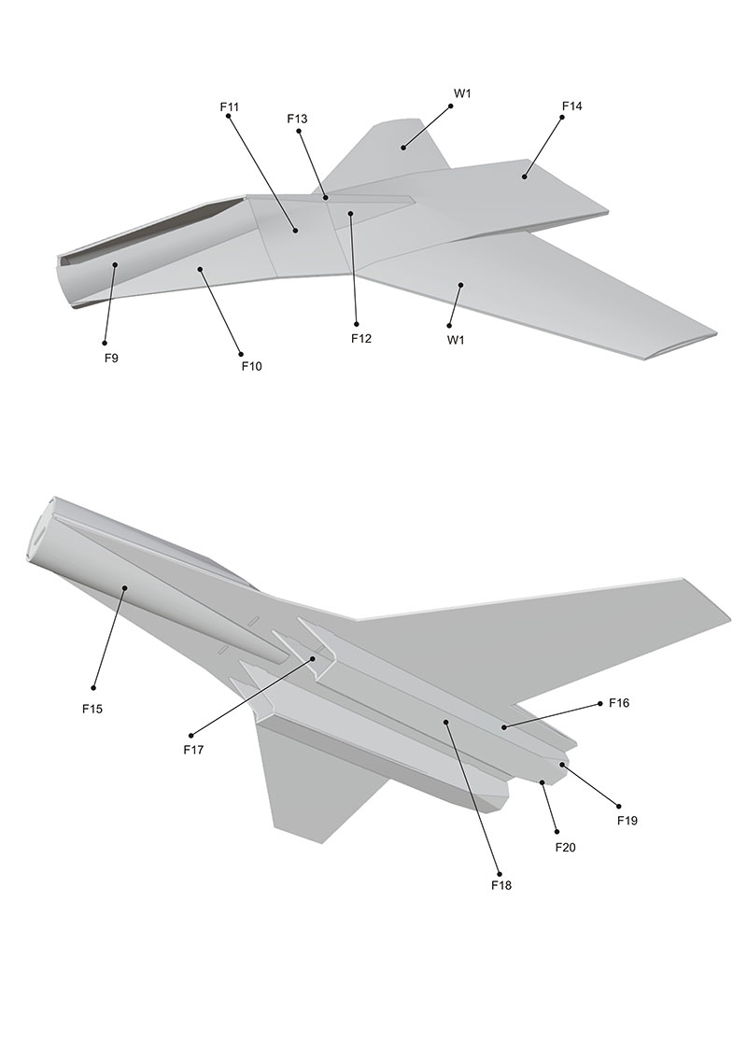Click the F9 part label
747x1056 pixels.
tap(111, 359)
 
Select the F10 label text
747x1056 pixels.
tap(251, 366)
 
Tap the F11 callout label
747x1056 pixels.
tap(229, 106)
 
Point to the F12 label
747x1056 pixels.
tap(361, 338)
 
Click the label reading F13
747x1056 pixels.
tap(297, 119)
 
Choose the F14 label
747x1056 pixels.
tap(571, 106)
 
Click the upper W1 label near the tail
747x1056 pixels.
tap(462, 93)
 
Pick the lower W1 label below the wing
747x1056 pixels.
tap(456, 340)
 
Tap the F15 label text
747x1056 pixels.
tap(92, 709)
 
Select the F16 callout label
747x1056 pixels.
tap(619, 703)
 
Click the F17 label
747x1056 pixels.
tap(193, 750)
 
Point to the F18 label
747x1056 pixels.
tap(501, 885)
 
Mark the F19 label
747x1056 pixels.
tap(627, 821)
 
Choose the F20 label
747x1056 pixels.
tap(565, 847)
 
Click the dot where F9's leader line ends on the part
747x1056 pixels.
tap(115, 264)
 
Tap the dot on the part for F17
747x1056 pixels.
tap(313, 658)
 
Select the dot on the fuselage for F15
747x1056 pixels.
tap(124, 587)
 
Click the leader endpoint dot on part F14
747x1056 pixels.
tap(524, 176)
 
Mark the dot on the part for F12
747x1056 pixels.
tap(350, 214)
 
